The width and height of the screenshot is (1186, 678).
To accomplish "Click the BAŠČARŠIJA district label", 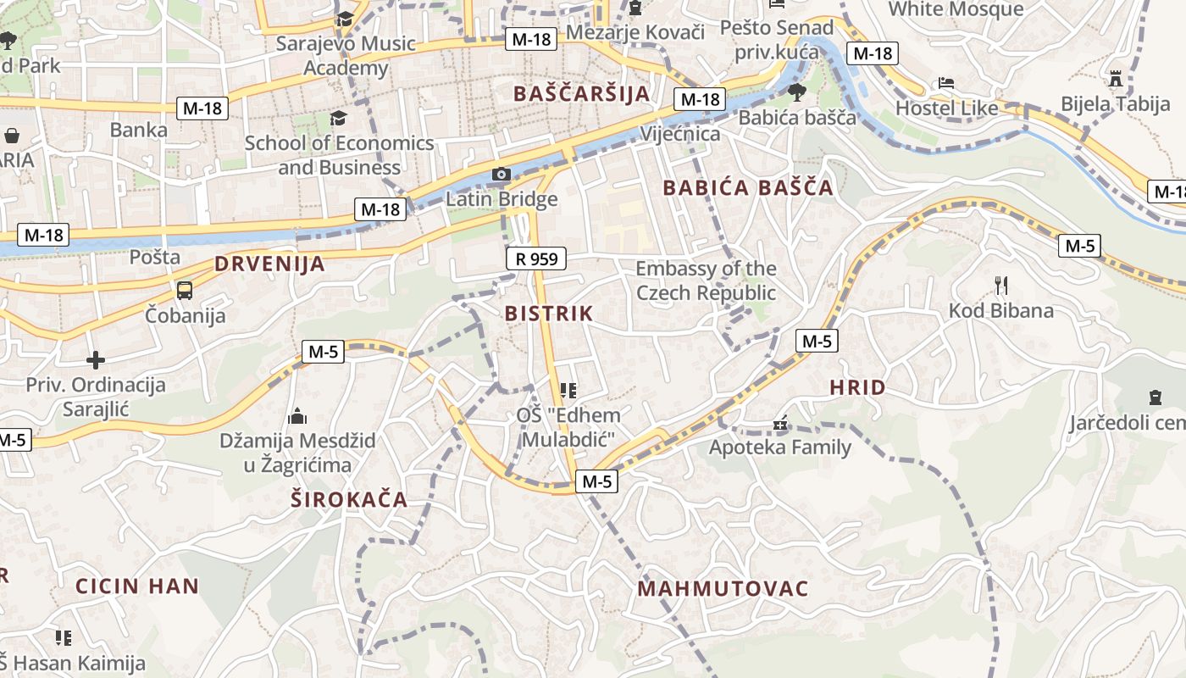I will pyautogui.click(x=581, y=93).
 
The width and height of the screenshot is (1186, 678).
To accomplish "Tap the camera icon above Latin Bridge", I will pyautogui.click(x=502, y=175).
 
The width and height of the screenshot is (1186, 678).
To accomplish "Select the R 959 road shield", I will pyautogui.click(x=536, y=258).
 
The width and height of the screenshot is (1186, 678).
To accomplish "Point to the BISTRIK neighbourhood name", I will pyautogui.click(x=549, y=314).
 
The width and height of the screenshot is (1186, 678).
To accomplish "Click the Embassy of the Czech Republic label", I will pyautogui.click(x=706, y=281).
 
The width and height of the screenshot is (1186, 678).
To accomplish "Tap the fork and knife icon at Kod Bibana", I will pyautogui.click(x=1000, y=285).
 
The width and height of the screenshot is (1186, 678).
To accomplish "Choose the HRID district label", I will pyautogui.click(x=857, y=388).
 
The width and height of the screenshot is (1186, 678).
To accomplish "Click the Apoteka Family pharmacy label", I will pyautogui.click(x=780, y=447).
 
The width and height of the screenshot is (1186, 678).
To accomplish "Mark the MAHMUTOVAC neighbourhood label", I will pyautogui.click(x=723, y=588).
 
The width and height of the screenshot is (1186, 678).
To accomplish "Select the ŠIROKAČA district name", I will pyautogui.click(x=349, y=499).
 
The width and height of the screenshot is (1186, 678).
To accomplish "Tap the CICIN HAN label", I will pyautogui.click(x=137, y=586).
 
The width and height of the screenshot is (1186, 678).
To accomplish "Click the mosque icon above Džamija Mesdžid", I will pyautogui.click(x=297, y=416).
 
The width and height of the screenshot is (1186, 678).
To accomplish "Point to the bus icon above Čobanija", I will pyautogui.click(x=185, y=291).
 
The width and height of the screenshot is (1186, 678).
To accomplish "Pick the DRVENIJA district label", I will pyautogui.click(x=269, y=264).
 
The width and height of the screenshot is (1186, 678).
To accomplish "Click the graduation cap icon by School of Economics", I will pyautogui.click(x=339, y=118).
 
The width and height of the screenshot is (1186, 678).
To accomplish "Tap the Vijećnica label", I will pyautogui.click(x=680, y=134).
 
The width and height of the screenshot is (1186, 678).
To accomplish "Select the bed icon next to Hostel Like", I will pyautogui.click(x=946, y=83).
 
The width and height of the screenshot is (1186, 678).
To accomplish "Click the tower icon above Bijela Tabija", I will pyautogui.click(x=1116, y=79).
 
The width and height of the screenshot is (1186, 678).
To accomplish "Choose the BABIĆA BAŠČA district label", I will pyautogui.click(x=748, y=188).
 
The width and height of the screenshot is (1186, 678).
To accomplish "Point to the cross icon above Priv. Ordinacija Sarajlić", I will pyautogui.click(x=96, y=360).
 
